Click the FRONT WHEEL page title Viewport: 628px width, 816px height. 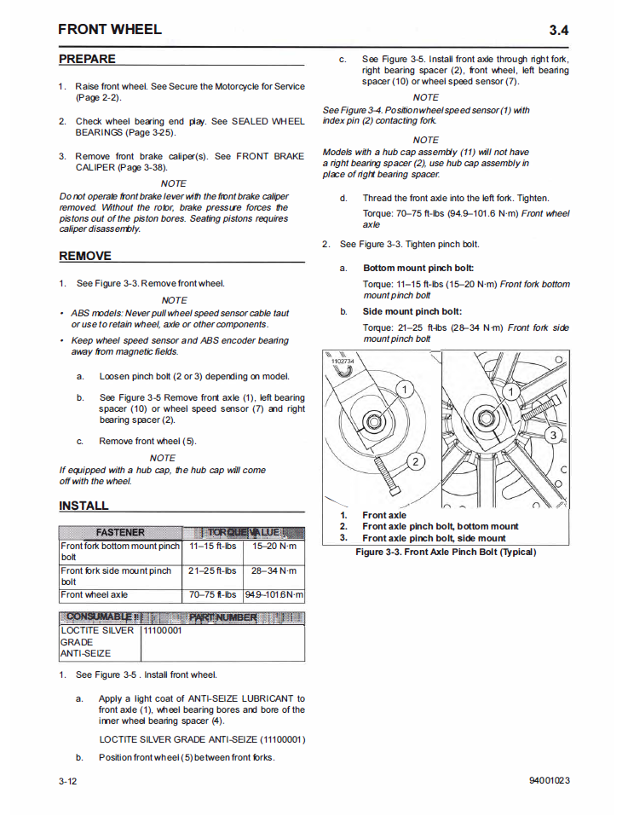click(110, 30)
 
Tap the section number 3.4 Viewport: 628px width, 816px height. click(558, 31)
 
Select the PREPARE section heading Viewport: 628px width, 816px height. click(87, 59)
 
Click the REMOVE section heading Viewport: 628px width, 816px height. click(85, 256)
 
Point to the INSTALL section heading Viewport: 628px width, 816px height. click(84, 506)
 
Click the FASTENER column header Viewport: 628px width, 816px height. click(120, 532)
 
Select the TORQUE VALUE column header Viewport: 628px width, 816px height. click(244, 532)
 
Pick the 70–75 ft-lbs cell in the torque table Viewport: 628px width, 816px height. click(213, 594)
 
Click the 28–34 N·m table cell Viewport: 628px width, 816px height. click(274, 570)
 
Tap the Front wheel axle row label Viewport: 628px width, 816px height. click(94, 594)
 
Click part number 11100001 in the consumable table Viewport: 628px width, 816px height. click(162, 631)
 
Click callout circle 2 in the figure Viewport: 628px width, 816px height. click(415, 462)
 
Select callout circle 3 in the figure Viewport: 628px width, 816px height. click(552, 437)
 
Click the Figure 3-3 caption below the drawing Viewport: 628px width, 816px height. click(446, 552)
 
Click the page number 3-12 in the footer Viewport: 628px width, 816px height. click(69, 780)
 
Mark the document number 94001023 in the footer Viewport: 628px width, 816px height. click(549, 780)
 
